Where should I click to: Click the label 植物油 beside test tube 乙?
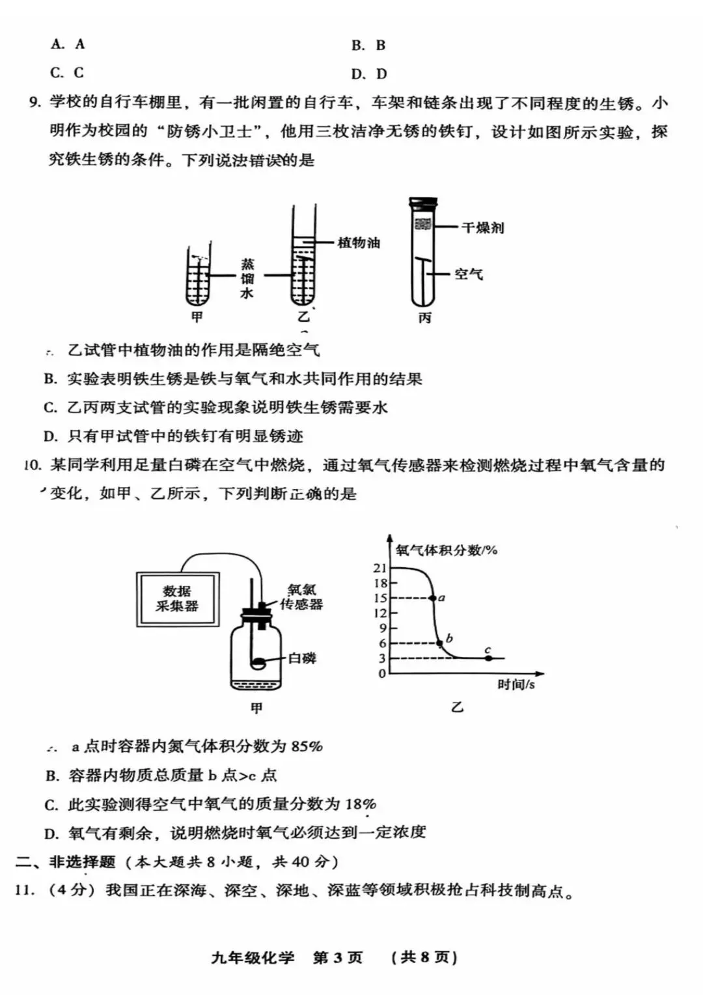(x=359, y=243)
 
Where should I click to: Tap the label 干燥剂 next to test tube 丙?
(x=482, y=228)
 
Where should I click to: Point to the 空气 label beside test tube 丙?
(x=469, y=274)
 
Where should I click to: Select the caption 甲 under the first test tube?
(x=197, y=317)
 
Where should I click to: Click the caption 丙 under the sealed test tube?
(x=424, y=318)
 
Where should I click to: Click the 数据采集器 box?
(x=177, y=599)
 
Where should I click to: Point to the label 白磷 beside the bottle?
(x=302, y=658)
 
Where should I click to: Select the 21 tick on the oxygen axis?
(x=379, y=568)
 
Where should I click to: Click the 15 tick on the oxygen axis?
(x=379, y=598)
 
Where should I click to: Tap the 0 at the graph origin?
(x=382, y=673)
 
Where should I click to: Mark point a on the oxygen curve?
(x=432, y=598)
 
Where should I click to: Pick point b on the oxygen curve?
(x=440, y=643)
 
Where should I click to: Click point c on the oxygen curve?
(x=489, y=658)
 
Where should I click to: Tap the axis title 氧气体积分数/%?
(x=447, y=550)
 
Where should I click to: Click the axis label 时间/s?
(x=516, y=684)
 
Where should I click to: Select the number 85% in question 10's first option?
(x=307, y=746)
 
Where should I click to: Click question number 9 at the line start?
(x=35, y=102)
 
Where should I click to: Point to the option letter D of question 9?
(x=50, y=436)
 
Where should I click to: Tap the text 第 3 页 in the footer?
(x=337, y=957)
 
